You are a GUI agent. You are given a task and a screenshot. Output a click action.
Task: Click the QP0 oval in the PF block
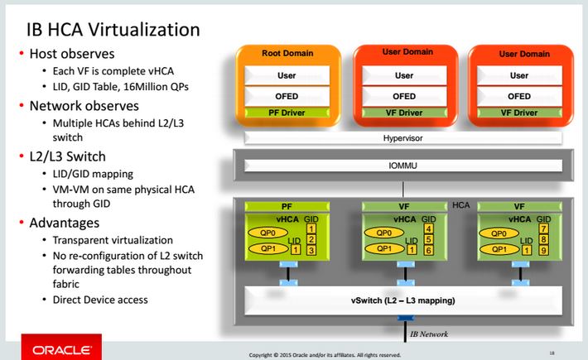[266, 233]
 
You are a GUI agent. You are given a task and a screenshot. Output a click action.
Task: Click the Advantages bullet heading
[65, 223]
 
